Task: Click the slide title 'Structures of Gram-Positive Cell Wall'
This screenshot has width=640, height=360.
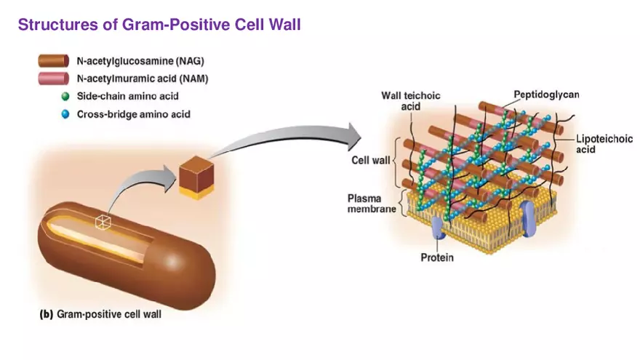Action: [159, 25]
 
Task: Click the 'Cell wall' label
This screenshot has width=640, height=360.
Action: [371, 160]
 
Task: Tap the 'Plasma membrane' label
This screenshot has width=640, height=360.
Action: [371, 203]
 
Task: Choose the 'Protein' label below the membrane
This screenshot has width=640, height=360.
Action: [437, 257]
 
